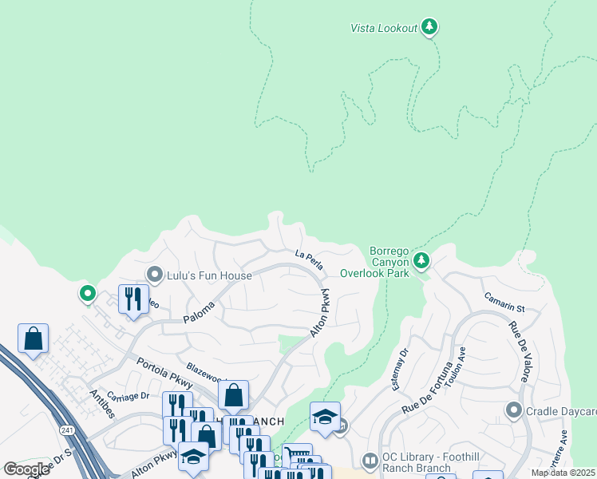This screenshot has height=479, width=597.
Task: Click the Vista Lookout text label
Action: point(384,28)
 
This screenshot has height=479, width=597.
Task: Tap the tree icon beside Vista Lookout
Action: point(430,27)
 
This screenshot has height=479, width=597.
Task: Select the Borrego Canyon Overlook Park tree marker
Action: point(421,260)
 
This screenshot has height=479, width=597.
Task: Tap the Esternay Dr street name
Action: point(398,368)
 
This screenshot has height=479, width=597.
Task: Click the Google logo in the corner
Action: point(26,469)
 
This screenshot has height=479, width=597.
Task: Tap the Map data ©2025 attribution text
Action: point(563,473)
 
